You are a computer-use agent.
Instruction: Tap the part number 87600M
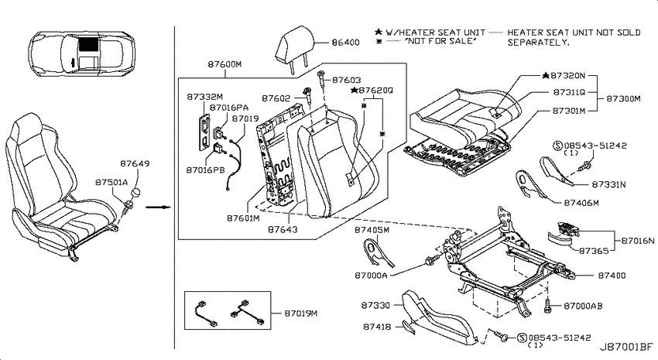coord(224,64)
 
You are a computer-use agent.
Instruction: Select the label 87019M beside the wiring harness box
coord(301,314)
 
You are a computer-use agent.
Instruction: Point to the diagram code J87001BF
coord(626,348)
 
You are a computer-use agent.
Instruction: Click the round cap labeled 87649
coord(135,194)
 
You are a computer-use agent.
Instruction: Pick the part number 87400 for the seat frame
coord(612,276)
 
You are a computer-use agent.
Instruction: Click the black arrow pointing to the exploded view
coord(158,207)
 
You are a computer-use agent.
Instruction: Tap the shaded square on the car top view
coord(88,43)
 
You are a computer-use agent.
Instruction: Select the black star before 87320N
coord(545,76)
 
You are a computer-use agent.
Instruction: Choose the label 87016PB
coord(205,170)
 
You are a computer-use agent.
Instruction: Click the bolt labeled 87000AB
coord(547,306)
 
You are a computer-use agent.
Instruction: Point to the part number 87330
coord(375,306)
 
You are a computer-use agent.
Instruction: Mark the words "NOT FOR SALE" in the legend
coord(440,41)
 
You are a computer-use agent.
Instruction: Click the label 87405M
coord(372,230)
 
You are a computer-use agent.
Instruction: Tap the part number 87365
coord(594,251)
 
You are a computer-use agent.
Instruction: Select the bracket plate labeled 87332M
coord(204,132)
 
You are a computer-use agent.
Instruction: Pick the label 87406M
coord(581,203)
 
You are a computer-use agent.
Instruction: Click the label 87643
coord(283,229)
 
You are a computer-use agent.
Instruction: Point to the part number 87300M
coord(624,99)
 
